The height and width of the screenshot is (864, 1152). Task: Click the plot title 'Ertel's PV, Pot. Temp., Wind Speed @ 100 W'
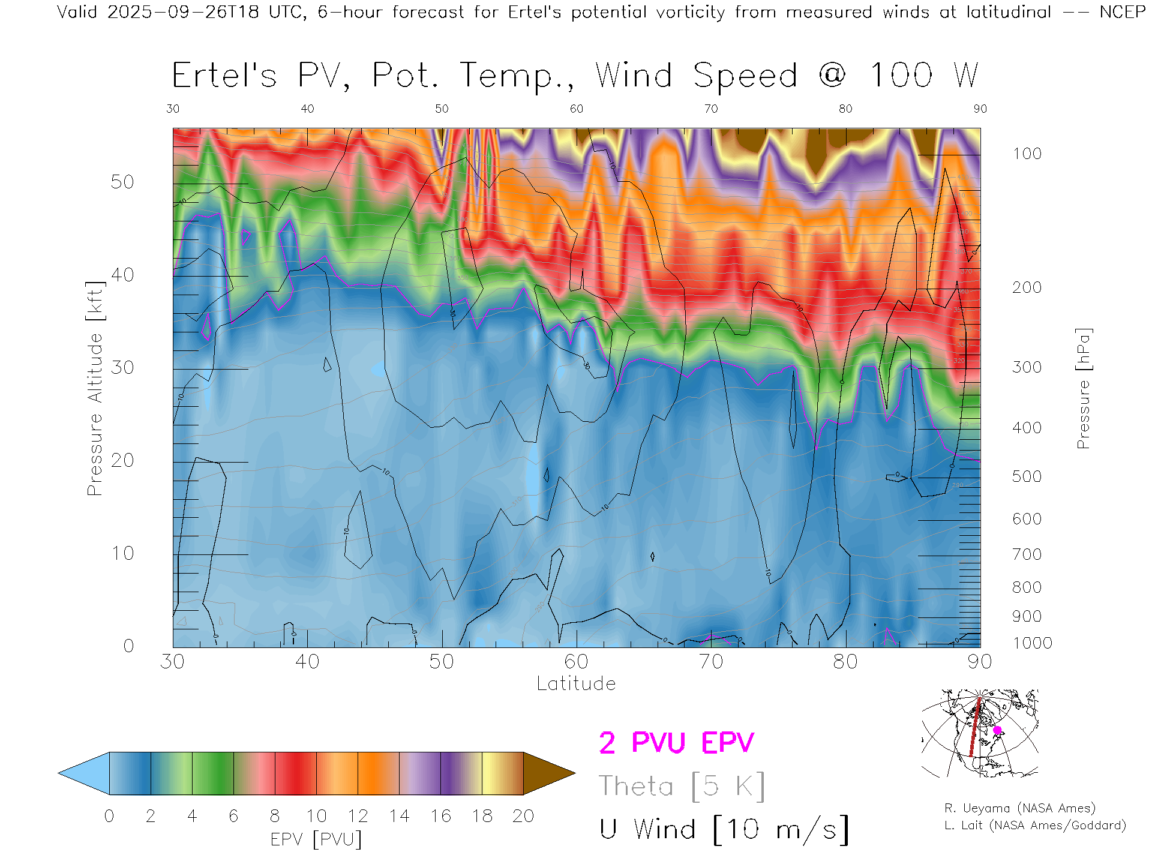click(x=575, y=76)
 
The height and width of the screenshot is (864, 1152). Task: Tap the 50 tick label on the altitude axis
click(x=122, y=182)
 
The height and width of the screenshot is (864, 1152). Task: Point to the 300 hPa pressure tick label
click(x=1027, y=367)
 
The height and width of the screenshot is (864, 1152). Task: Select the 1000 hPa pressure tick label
click(x=1032, y=643)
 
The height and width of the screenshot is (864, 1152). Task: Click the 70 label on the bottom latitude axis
click(x=711, y=662)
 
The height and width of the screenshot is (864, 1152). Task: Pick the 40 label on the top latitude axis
click(x=307, y=109)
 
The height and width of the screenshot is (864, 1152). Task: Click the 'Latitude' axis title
click(x=576, y=684)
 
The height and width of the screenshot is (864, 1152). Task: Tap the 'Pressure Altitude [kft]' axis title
click(x=95, y=388)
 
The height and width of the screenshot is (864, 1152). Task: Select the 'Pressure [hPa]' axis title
click(x=1084, y=388)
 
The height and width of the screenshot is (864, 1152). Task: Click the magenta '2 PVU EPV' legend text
click(x=676, y=743)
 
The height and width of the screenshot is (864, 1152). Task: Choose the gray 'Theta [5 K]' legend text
click(x=682, y=786)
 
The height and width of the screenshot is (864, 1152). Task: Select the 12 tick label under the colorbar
click(x=358, y=816)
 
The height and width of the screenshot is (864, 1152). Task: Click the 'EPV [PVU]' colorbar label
click(x=316, y=839)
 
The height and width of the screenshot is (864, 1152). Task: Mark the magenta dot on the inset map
click(x=997, y=730)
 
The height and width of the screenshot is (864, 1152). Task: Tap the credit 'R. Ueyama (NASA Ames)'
click(x=1019, y=808)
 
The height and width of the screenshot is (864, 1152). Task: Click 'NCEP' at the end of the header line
click(x=1122, y=12)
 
